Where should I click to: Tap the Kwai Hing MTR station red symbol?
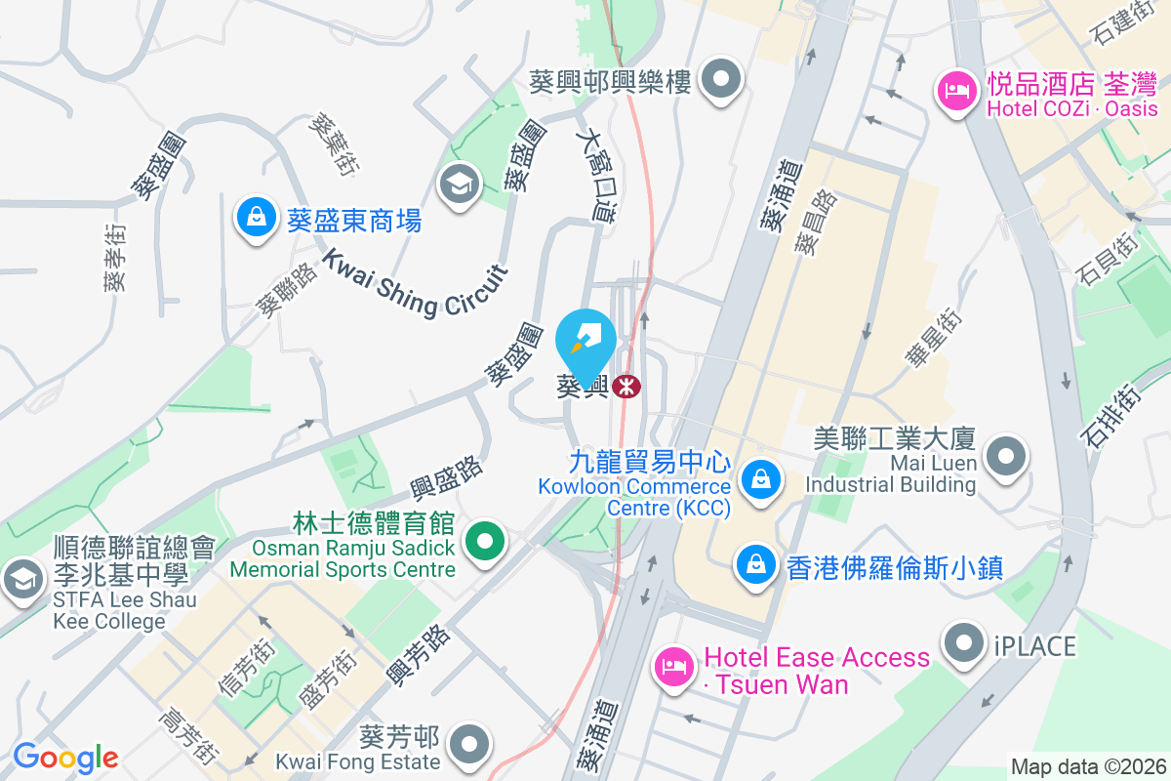[x=626, y=387]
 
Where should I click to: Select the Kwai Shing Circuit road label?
[x=416, y=282]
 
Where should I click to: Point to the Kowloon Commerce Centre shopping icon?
[x=758, y=478]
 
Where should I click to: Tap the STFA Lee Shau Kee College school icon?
[x=20, y=581]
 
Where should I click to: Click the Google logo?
[x=65, y=757]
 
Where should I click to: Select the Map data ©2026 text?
[x=1087, y=767]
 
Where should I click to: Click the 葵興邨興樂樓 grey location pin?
[x=722, y=80]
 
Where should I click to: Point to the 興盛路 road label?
[x=447, y=479]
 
